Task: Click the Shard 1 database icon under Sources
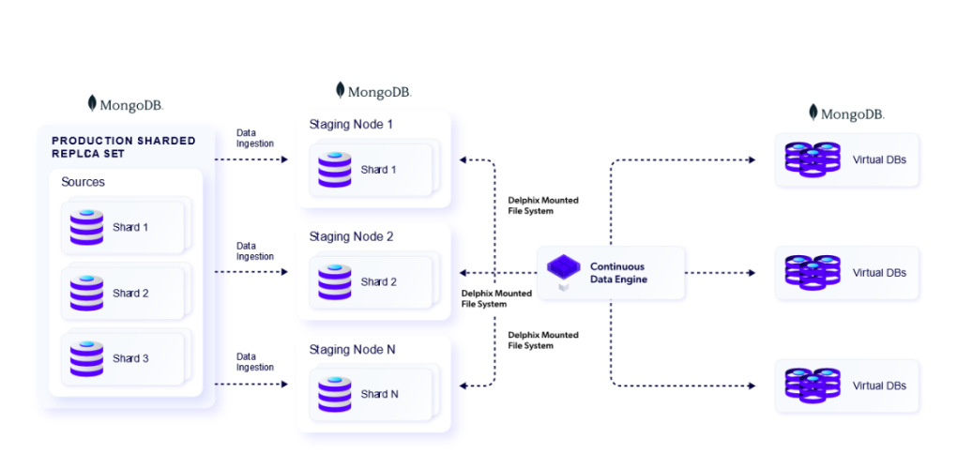(x=85, y=227)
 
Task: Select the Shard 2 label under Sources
(x=130, y=293)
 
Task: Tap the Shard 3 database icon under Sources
(x=85, y=358)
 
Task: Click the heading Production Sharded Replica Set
(x=123, y=146)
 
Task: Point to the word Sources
(x=83, y=182)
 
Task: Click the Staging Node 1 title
(x=351, y=125)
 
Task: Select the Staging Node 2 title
(x=351, y=237)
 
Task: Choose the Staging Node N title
(x=352, y=349)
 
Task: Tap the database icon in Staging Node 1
(x=334, y=170)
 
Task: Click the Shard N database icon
(x=334, y=394)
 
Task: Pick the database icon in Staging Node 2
(x=334, y=281)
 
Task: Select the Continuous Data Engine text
(x=618, y=273)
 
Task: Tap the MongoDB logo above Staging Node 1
(x=373, y=91)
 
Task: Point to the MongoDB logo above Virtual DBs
(x=846, y=113)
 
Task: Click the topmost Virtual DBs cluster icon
(x=812, y=159)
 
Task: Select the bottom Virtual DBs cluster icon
(x=812, y=386)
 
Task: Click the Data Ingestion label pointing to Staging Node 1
(x=254, y=138)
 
